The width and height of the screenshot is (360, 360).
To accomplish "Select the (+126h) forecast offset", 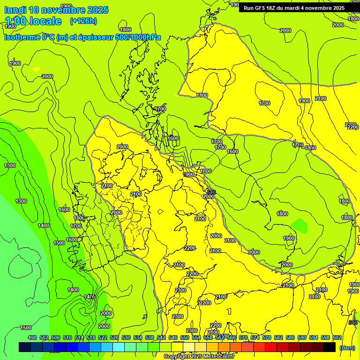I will [x=83, y=21].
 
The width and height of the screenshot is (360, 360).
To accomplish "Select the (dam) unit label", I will [x=347, y=348].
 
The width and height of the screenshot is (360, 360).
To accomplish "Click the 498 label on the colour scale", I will [x=32, y=337].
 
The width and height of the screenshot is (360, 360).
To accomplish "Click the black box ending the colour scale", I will [x=330, y=347].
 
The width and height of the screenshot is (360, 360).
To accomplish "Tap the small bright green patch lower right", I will [x=299, y=225].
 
